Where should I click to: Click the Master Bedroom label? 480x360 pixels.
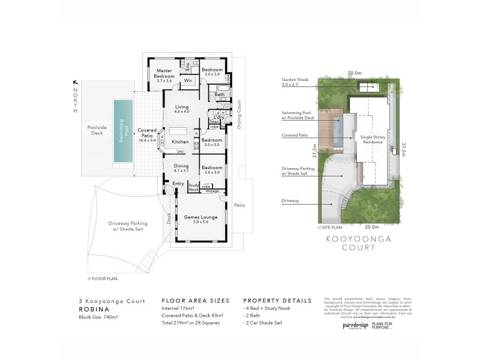coord(164,74)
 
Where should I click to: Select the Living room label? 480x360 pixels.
coord(181,109)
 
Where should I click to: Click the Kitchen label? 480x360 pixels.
coord(181,142)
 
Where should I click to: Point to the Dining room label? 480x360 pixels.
coord(181,167)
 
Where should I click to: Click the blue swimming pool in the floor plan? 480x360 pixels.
coord(124,131)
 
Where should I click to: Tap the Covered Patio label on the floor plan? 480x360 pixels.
coord(147,133)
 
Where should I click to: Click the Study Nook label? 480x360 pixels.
coord(193,187)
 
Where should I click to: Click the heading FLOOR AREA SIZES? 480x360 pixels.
coord(192,301)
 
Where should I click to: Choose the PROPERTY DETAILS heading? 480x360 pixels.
coord(277,301)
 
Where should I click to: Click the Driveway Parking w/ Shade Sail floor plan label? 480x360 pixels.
coord(128,226)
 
